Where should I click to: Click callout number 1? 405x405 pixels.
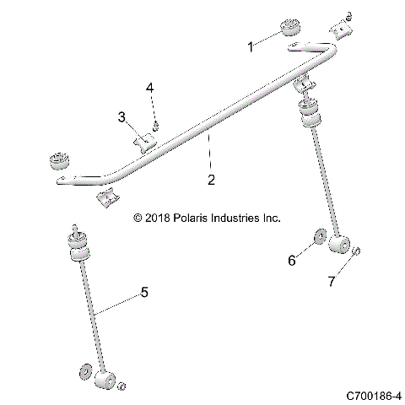pos(251,48)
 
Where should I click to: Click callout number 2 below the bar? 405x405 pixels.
pos(211,179)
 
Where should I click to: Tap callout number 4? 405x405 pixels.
pos(149,88)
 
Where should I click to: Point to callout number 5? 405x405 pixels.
pos(143,292)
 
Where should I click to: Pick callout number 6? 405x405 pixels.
pos(293,261)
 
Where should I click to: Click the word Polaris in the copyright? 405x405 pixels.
pos(194,217)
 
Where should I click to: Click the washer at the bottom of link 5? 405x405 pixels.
pos(85,370)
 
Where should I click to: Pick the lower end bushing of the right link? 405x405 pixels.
pos(339,246)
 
